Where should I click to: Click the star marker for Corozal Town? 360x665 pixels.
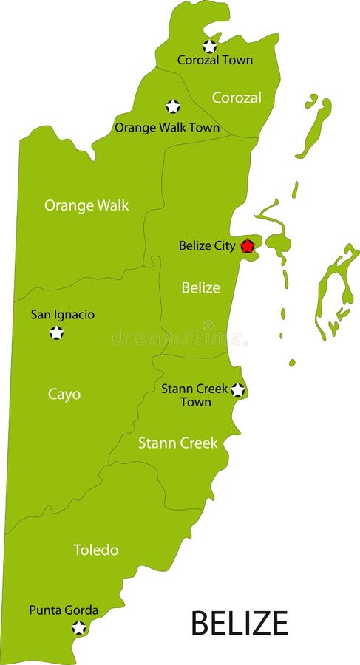(209, 46)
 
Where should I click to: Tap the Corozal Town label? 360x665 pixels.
(214, 61)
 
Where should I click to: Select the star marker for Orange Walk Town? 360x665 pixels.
(173, 106)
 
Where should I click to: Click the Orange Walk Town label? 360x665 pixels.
(166, 127)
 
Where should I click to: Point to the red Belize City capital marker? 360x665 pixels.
(248, 246)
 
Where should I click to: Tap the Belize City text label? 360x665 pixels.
(207, 245)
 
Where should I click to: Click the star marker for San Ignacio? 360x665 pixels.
(56, 332)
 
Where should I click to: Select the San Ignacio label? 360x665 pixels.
(63, 315)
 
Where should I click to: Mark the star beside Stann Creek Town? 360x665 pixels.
(237, 389)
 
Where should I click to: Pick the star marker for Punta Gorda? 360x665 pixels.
(78, 628)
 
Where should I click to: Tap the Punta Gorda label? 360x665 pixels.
(64, 610)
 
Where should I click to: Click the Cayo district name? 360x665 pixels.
(64, 395)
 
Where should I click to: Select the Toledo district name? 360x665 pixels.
(95, 550)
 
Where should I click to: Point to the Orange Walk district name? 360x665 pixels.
(86, 205)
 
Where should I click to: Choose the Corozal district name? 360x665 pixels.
(237, 98)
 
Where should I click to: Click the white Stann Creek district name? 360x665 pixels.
(178, 443)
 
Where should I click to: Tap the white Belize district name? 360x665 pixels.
(201, 287)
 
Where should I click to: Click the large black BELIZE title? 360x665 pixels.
(240, 623)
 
